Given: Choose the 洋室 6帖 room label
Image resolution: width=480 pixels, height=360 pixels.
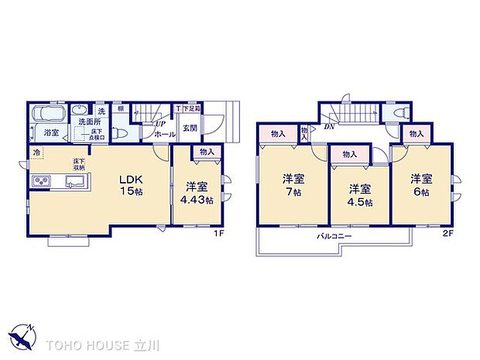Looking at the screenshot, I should (x=421, y=184).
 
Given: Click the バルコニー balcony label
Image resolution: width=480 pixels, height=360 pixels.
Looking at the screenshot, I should (x=334, y=235).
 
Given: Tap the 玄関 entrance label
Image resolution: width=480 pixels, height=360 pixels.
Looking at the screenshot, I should (x=189, y=129).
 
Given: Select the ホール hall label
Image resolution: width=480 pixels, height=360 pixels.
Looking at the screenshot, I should (x=164, y=134).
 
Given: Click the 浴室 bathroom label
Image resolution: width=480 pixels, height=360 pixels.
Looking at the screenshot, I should (x=51, y=133).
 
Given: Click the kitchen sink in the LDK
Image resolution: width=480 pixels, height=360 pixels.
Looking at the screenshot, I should (x=76, y=182).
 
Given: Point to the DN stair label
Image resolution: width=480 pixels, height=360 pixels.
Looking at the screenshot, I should (x=330, y=126).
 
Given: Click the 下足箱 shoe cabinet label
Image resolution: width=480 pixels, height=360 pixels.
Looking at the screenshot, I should (x=191, y=108).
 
